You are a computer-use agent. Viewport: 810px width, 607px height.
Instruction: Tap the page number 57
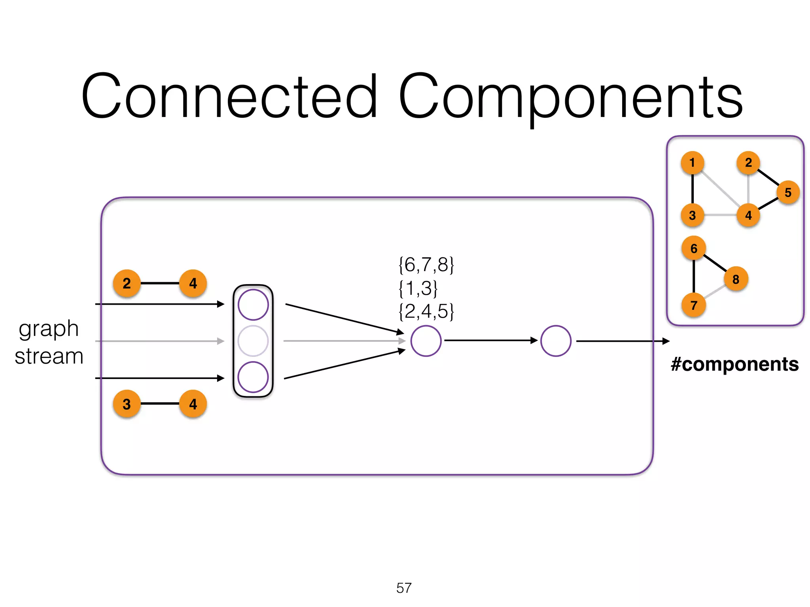(404, 588)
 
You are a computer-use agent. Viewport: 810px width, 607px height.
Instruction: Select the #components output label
(734, 364)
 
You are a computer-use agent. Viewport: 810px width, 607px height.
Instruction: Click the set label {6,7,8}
(426, 264)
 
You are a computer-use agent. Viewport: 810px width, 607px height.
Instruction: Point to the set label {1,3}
(418, 288)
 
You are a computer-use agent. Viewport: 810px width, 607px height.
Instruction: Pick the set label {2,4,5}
(426, 311)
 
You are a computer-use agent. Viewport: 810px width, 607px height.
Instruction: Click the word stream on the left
(49, 356)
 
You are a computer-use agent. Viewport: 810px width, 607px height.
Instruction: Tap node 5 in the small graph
(788, 192)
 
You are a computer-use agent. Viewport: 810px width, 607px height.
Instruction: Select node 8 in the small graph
(736, 279)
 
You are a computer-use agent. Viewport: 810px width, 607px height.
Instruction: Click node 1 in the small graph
(692, 162)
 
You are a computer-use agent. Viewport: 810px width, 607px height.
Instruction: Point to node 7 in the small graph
(694, 305)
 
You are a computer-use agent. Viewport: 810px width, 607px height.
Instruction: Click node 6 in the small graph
(694, 248)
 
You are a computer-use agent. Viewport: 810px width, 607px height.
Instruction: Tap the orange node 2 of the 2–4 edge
(127, 283)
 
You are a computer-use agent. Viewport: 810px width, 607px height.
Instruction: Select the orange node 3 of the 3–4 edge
(127, 404)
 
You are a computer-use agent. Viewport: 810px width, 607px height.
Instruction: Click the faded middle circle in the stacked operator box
(253, 341)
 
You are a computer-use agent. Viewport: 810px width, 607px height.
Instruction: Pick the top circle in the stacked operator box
(253, 305)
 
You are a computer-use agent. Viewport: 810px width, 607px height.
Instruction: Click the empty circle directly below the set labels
(426, 341)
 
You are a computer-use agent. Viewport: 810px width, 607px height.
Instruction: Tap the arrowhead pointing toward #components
(666, 341)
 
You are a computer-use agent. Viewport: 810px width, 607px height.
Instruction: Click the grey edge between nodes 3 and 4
(720, 215)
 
